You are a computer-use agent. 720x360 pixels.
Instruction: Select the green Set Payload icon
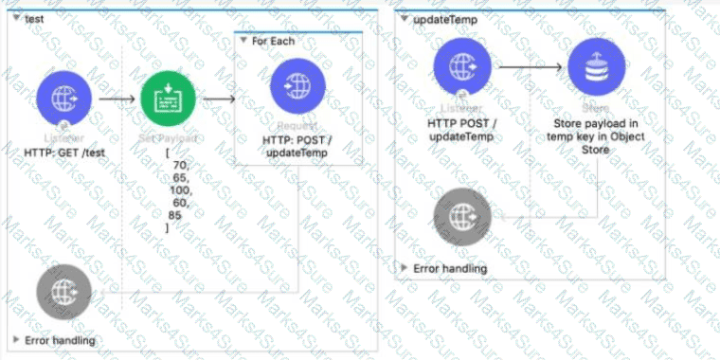point(168,98)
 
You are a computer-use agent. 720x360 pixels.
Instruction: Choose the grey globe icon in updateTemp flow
point(461,217)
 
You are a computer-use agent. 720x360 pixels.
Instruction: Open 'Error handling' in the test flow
point(57,339)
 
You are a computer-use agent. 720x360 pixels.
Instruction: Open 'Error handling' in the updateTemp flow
point(450,268)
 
